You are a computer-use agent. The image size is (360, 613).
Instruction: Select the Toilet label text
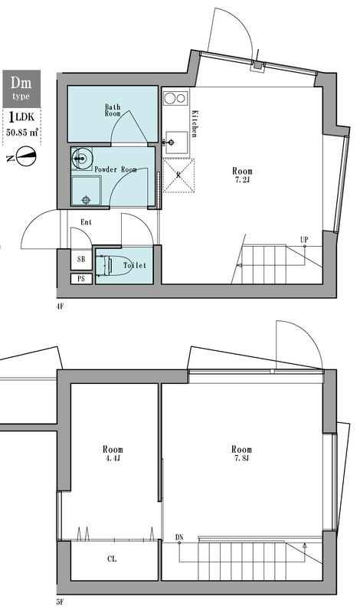135,266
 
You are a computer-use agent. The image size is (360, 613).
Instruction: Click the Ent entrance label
86,223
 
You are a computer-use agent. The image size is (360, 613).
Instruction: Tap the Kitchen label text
195,123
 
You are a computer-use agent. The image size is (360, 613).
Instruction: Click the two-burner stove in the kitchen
175,98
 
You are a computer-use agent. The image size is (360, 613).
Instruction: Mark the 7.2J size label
242,182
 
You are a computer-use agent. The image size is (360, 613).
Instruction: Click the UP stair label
304,240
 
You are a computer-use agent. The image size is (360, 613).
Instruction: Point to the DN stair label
179,536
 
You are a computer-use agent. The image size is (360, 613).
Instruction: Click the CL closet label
113,559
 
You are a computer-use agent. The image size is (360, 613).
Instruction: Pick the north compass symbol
25,159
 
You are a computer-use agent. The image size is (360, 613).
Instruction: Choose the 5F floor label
60,603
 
